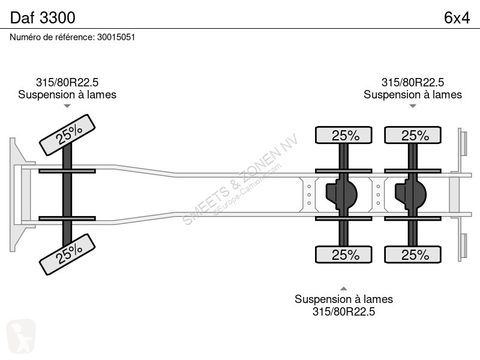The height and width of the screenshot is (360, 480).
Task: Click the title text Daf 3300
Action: [x=43, y=17]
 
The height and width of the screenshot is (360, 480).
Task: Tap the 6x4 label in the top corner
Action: [x=457, y=18]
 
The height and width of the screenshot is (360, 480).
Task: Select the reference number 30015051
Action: [x=116, y=37]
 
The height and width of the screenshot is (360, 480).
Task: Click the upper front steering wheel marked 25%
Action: [x=67, y=135]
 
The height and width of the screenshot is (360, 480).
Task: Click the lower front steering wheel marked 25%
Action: [x=67, y=254]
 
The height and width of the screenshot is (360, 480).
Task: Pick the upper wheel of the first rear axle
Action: [x=343, y=135]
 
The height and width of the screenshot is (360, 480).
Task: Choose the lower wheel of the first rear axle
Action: [x=343, y=254]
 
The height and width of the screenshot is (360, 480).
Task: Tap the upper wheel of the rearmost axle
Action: [x=413, y=135]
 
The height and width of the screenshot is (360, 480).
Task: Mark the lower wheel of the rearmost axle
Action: [x=413, y=254]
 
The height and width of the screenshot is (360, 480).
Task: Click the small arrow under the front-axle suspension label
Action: [x=67, y=106]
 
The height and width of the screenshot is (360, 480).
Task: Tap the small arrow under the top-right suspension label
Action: [x=413, y=106]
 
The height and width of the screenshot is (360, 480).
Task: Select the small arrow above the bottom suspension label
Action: [x=343, y=289]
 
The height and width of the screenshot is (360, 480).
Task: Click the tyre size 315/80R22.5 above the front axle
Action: [x=67, y=82]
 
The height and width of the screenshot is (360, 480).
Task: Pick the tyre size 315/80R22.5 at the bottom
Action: [x=343, y=311]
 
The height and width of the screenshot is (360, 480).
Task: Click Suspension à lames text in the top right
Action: [x=413, y=95]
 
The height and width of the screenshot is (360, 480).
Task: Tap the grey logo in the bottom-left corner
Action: [x=21, y=336]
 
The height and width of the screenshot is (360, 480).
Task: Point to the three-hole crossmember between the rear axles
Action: [x=378, y=194]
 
